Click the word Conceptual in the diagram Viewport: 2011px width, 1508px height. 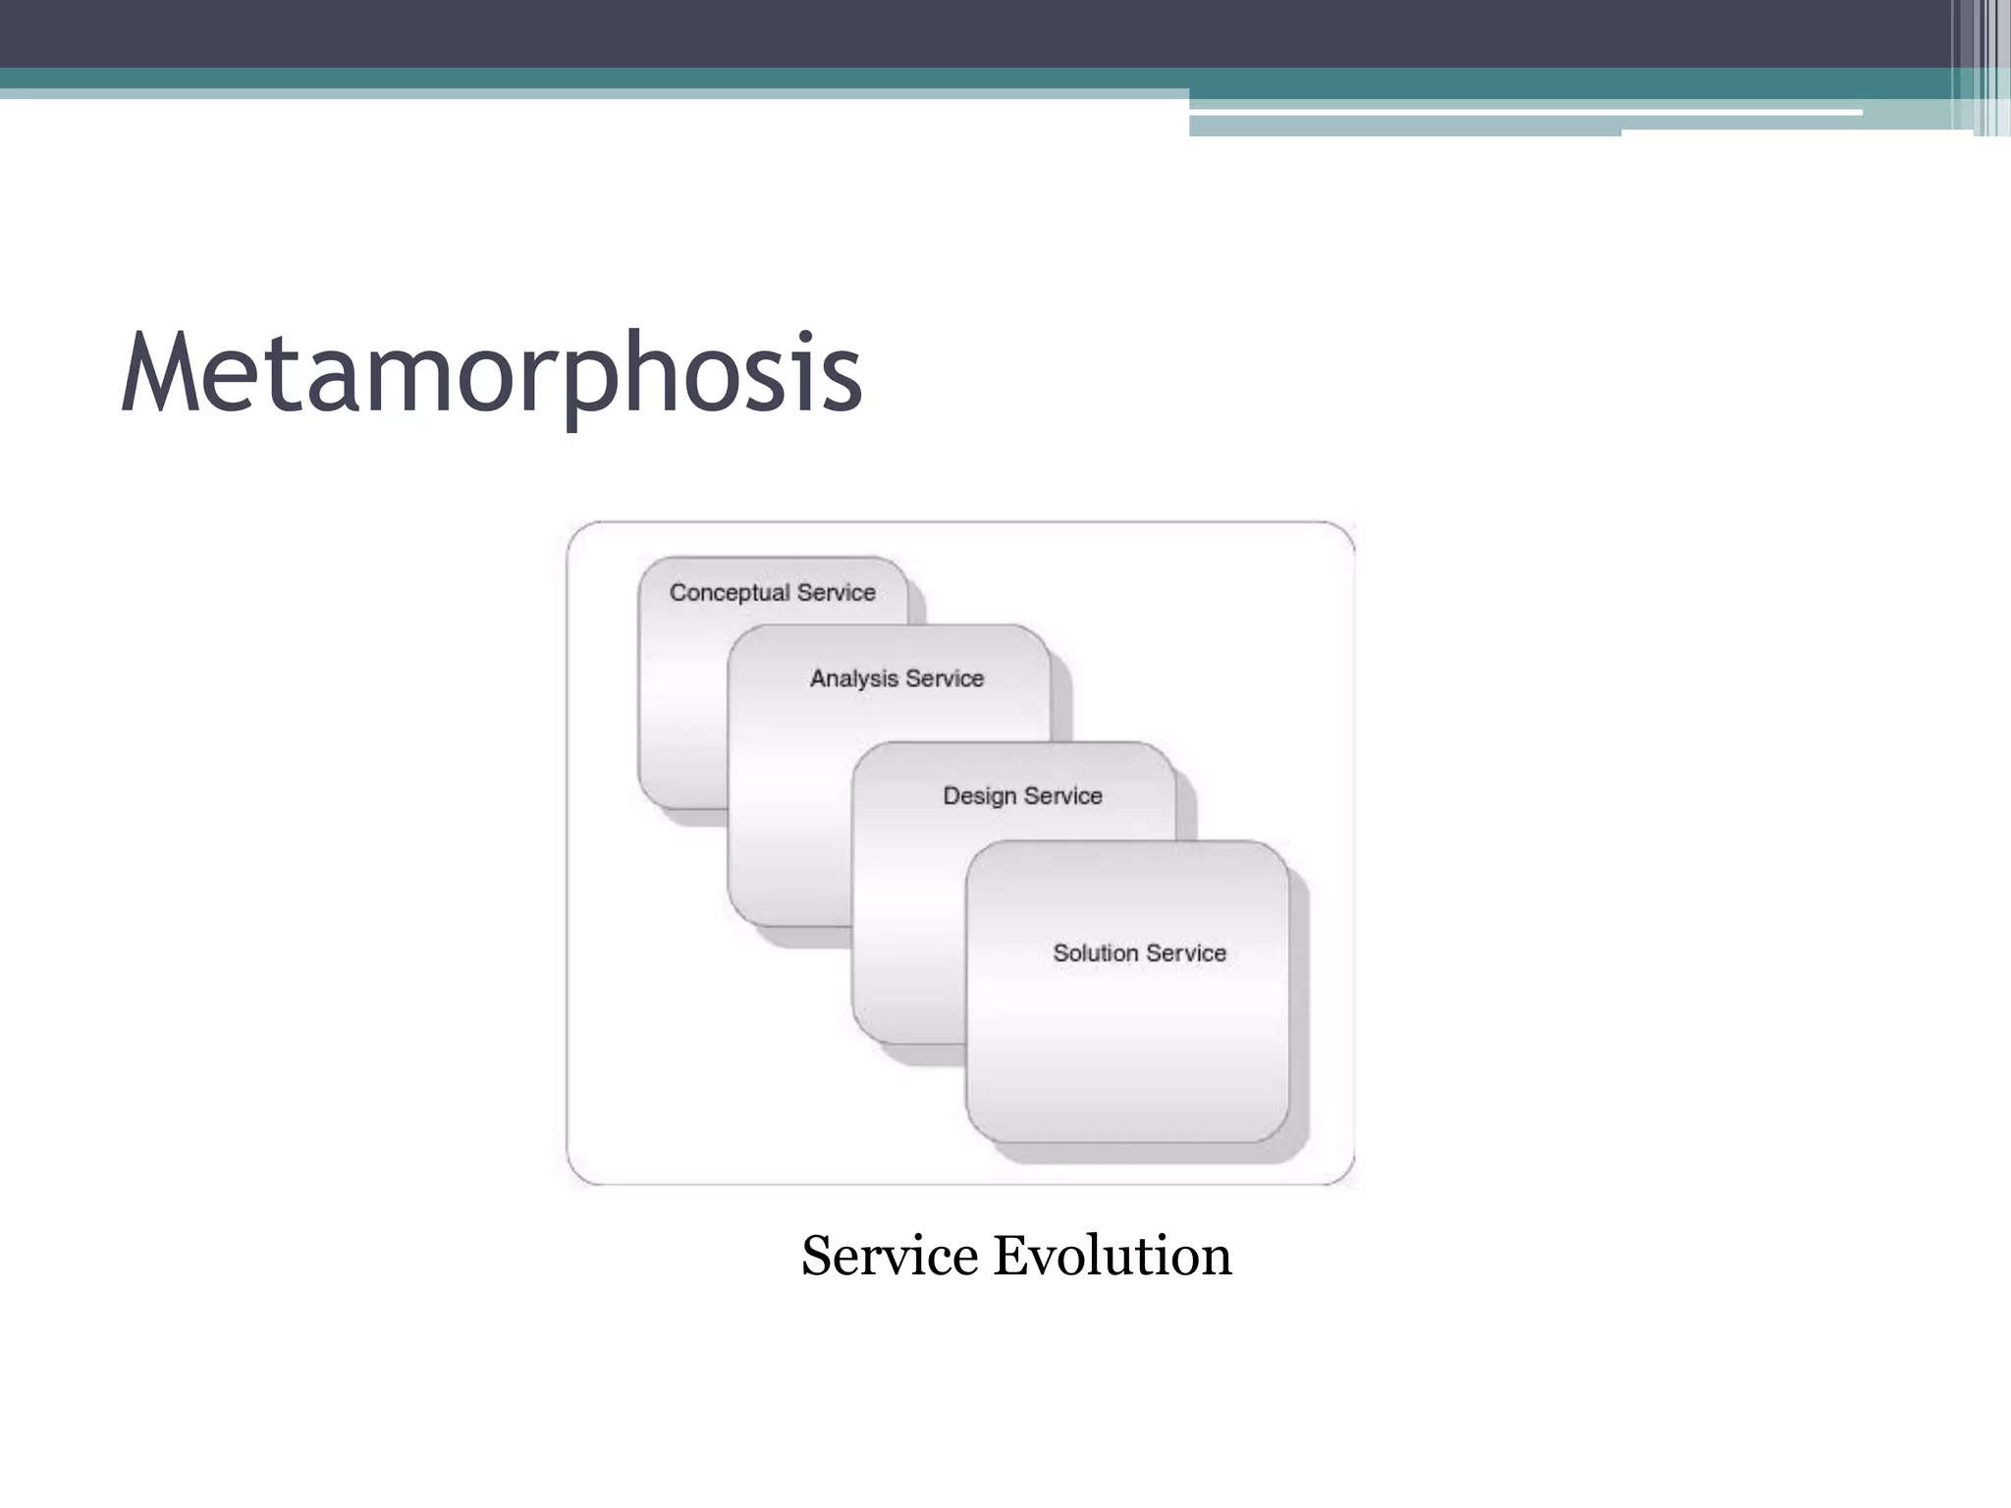click(x=730, y=593)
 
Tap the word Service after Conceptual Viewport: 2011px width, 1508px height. click(x=836, y=593)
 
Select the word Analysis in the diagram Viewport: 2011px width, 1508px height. click(x=853, y=679)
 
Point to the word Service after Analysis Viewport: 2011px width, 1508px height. click(x=945, y=679)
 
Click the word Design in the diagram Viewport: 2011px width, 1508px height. click(x=979, y=796)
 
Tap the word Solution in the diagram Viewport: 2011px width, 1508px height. click(x=1095, y=953)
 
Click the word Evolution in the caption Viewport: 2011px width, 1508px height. click(x=1112, y=1256)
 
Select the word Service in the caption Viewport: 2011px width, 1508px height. click(x=890, y=1256)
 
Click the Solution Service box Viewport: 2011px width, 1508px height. click(x=1127, y=1041)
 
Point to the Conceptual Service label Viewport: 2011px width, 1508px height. click(x=773, y=593)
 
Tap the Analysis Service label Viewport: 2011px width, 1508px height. click(x=897, y=679)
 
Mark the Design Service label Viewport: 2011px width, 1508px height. click(x=1022, y=796)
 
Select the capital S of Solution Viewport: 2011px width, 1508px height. click(x=1060, y=953)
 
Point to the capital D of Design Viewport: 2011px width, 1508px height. click(x=951, y=796)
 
